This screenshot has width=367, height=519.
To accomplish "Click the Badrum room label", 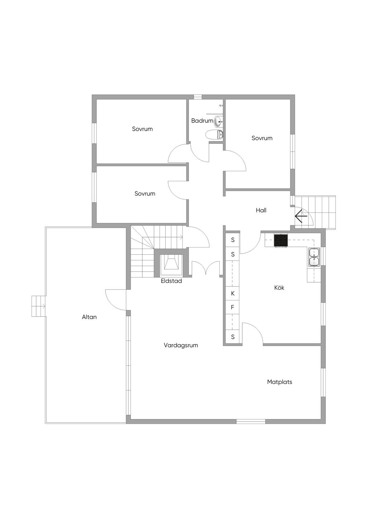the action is tap(202, 121).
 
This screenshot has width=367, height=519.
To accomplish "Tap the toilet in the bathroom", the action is tap(214, 134).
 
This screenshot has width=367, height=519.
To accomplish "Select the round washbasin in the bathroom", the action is tap(218, 121).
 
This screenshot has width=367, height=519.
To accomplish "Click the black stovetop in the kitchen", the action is tap(281, 240).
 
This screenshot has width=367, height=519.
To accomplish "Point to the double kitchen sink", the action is tap(314, 257).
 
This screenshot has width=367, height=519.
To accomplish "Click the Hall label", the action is tap(261, 210).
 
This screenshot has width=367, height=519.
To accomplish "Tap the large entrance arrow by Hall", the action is tap(301, 216).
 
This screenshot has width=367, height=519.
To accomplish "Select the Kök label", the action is tap(279, 288).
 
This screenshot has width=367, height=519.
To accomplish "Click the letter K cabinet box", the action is tap(233, 294).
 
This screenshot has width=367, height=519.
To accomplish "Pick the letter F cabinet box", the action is tap(233, 307).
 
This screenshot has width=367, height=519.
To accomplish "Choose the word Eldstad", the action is tap(171, 281).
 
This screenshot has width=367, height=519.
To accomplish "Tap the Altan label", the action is tap(89, 317).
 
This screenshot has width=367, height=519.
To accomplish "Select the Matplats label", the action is tap(279, 382).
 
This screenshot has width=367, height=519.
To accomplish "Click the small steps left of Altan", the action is tap(38, 306).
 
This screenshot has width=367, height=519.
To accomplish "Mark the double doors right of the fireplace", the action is tap(206, 268).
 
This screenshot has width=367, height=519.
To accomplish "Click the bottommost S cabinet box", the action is tap(233, 337).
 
